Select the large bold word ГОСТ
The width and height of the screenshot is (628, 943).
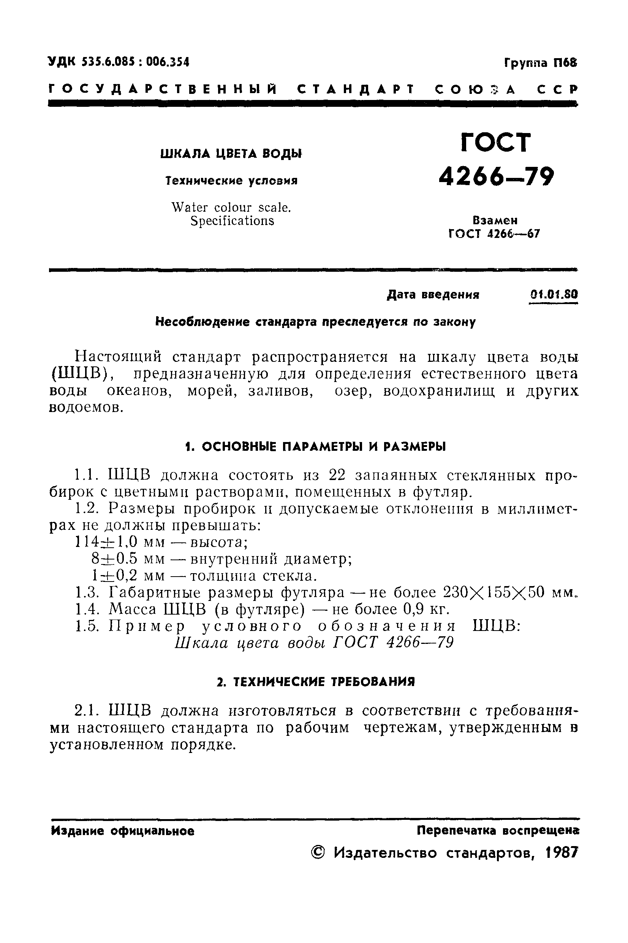496,142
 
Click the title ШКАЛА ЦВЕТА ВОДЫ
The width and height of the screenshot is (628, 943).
231,154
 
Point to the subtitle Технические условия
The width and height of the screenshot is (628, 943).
231,181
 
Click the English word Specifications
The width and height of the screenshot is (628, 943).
232,221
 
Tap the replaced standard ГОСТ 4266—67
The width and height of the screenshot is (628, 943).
494,233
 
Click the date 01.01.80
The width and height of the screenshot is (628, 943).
553,295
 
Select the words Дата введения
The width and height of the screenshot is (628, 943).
433,295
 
